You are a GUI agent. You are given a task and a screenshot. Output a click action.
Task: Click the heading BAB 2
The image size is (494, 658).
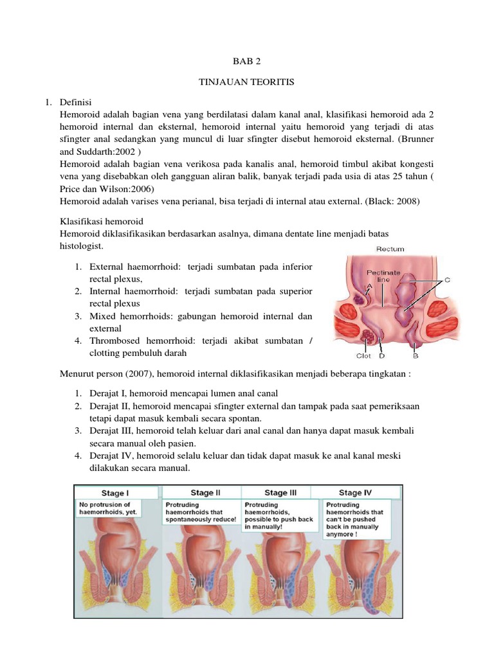[x=248, y=62]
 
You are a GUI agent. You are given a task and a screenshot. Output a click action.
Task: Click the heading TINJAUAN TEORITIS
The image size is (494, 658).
[x=248, y=83]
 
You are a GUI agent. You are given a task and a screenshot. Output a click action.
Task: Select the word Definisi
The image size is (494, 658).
[x=76, y=102]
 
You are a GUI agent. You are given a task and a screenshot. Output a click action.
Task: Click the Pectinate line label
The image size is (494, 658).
[x=383, y=276]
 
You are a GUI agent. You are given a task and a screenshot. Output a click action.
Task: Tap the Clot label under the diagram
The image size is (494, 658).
[x=364, y=355]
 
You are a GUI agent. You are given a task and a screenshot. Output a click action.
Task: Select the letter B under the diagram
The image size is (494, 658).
[x=416, y=355]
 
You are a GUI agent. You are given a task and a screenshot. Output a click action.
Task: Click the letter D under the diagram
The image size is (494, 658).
[x=382, y=355]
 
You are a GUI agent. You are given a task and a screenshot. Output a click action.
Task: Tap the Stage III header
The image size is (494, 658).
[x=280, y=493]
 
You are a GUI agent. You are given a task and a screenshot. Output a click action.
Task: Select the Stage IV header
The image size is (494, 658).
[x=355, y=493]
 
